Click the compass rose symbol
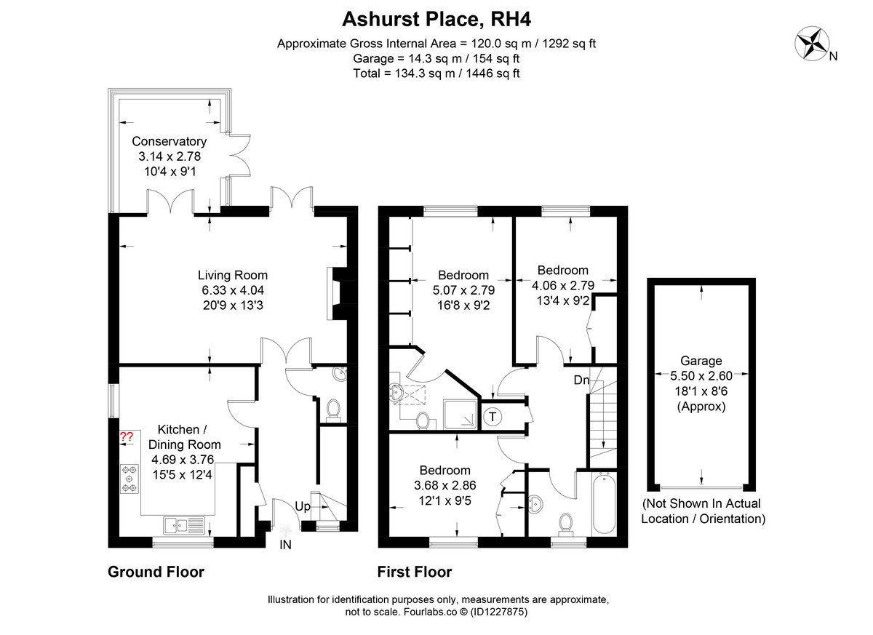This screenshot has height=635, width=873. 812,44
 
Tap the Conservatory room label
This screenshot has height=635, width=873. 169,141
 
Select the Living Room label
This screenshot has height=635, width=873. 233,275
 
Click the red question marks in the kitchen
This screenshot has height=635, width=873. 127,436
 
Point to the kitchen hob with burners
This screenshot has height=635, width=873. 129,479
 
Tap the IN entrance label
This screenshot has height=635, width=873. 285,545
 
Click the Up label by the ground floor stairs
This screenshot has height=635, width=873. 303,506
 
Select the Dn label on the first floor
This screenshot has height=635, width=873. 581,380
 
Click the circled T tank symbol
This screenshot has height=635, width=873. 493,417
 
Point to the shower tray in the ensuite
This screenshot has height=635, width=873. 461,415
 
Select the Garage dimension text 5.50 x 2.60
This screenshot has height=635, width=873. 701,375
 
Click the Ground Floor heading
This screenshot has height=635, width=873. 156,572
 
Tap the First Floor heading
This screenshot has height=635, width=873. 415,572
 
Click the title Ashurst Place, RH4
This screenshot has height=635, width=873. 436,19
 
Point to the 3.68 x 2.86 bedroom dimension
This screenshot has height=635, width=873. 445,485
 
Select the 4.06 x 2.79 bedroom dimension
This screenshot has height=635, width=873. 563,285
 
